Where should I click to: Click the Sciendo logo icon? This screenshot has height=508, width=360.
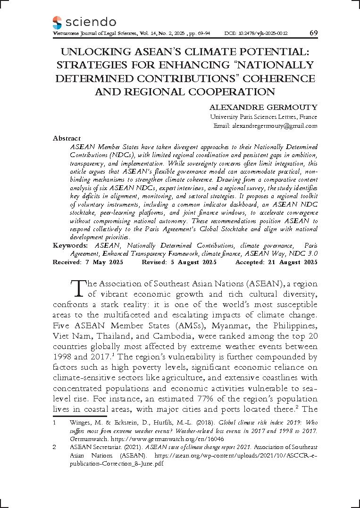[x=57, y=22]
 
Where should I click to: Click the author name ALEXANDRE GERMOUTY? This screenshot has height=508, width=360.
[x=263, y=107]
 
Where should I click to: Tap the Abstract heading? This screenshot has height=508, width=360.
[x=67, y=138]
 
